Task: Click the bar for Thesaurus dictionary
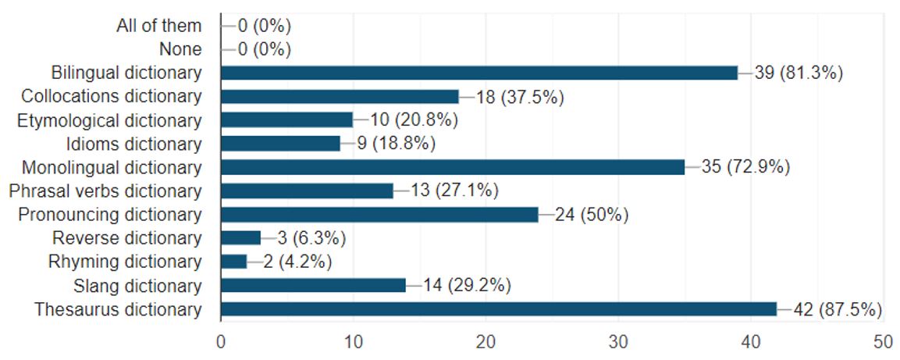click(499, 309)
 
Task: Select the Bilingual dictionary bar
click(479, 73)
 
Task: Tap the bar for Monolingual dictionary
click(453, 167)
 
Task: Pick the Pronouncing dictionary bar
click(379, 215)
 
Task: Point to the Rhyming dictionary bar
click(233, 262)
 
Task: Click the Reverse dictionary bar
click(240, 238)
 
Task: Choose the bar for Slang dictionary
click(313, 286)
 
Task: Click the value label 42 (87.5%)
click(838, 309)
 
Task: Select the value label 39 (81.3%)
click(800, 73)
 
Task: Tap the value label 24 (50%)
click(592, 215)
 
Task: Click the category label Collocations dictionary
click(111, 96)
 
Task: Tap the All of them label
click(158, 26)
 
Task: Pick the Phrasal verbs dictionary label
click(105, 191)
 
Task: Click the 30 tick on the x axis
click(618, 342)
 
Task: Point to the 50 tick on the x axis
click(883, 342)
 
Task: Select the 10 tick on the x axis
click(353, 342)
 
